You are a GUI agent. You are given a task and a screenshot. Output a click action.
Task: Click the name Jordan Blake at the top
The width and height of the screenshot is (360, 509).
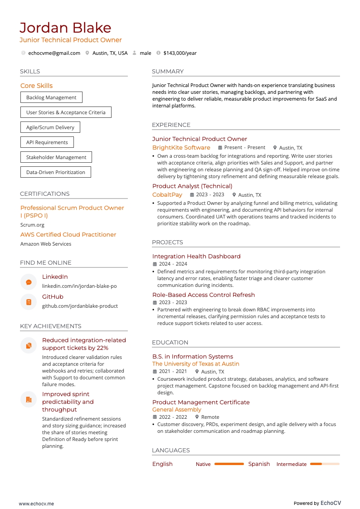[65, 28]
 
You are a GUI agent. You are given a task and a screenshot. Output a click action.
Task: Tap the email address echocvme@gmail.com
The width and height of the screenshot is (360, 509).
[54, 53]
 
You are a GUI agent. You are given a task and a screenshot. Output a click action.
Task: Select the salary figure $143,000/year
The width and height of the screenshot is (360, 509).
[180, 53]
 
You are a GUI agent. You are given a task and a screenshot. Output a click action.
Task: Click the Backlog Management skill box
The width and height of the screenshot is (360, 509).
[51, 97]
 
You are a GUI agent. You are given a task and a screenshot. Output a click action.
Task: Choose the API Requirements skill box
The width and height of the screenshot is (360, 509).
[47, 142]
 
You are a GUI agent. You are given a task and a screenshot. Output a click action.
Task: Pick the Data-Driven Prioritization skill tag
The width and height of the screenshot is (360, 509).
[55, 172]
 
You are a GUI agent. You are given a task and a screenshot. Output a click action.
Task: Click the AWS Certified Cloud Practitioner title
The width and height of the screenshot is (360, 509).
[68, 234]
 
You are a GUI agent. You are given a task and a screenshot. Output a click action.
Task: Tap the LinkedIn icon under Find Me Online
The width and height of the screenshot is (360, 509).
[29, 282]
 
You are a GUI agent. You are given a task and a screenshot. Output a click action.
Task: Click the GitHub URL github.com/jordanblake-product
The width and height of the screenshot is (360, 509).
[80, 306]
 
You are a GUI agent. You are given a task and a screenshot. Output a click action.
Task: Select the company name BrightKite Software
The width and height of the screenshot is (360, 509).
[181, 147]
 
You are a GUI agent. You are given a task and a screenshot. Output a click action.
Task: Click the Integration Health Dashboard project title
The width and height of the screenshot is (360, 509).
[196, 256]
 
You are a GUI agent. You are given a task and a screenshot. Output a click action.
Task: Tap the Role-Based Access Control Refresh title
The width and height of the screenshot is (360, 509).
[203, 295]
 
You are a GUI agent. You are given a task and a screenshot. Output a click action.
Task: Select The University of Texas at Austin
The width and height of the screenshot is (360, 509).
[195, 364]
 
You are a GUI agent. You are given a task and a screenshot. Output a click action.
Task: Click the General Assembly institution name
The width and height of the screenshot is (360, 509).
[176, 409]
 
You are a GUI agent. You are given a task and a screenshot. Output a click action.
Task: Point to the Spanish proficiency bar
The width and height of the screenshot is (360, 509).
[324, 464]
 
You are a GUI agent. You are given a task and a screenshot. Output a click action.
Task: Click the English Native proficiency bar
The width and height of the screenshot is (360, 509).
[229, 464]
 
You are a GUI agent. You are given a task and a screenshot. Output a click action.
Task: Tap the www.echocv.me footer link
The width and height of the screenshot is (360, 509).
[36, 504]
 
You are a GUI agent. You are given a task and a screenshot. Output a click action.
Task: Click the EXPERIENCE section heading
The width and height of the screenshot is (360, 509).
[171, 125]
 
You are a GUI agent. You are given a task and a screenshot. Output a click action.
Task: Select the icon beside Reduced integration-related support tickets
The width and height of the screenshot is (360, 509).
[29, 345]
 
